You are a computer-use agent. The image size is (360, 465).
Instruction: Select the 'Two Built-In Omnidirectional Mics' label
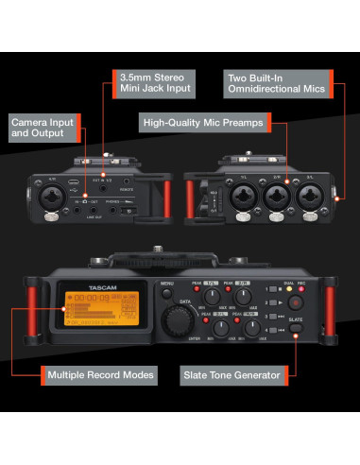click(277, 81)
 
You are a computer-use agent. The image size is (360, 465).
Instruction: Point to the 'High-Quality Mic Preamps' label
click(203, 123)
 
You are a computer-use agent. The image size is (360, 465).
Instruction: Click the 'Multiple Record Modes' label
click(100, 375)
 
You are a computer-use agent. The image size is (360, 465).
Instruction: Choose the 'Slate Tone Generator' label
click(231, 375)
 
